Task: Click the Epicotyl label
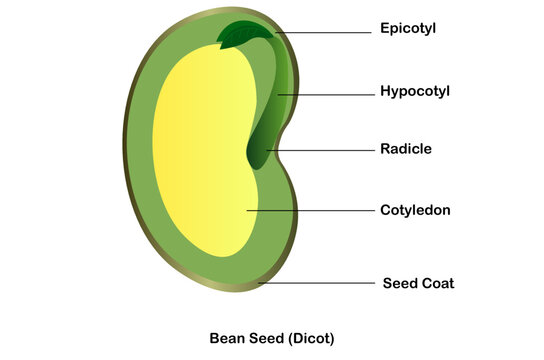[x=408, y=29]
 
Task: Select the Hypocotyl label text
[x=415, y=91]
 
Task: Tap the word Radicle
[x=406, y=149]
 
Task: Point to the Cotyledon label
[x=415, y=210]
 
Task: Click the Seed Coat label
[x=418, y=283]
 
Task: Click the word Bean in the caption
[x=226, y=338]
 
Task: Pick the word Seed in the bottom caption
[x=262, y=338]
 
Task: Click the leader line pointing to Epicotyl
[x=325, y=33]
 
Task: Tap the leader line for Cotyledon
[x=310, y=211]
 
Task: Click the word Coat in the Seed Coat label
[x=436, y=283]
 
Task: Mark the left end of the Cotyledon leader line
[x=250, y=211]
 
